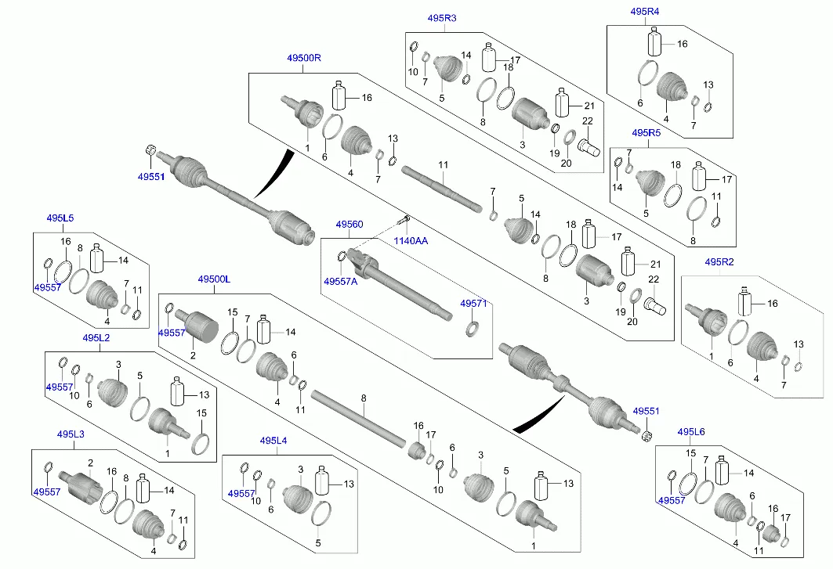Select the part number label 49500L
tap(214, 279)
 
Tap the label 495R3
tap(443, 17)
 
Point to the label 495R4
tap(645, 11)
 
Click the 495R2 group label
tap(719, 261)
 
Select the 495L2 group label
tap(96, 337)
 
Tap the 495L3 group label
tap(71, 434)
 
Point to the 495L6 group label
tap(691, 431)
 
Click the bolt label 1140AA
tap(411, 241)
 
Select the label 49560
tap(349, 225)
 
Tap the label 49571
tap(473, 303)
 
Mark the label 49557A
tap(340, 281)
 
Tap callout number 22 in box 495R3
tap(586, 120)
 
